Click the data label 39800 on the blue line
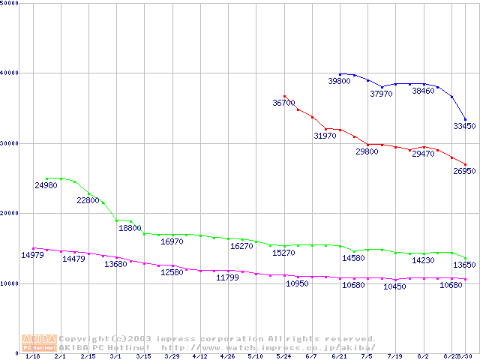tap(340, 81)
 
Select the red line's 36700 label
tap(283, 103)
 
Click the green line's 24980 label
tap(46, 185)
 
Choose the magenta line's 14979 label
tap(31, 256)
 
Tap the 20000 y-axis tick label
tap(10, 214)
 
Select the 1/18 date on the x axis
tap(32, 357)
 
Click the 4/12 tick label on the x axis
tap(200, 357)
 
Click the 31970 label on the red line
tap(325, 136)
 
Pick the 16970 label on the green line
tap(172, 241)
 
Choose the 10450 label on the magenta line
tap(394, 287)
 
